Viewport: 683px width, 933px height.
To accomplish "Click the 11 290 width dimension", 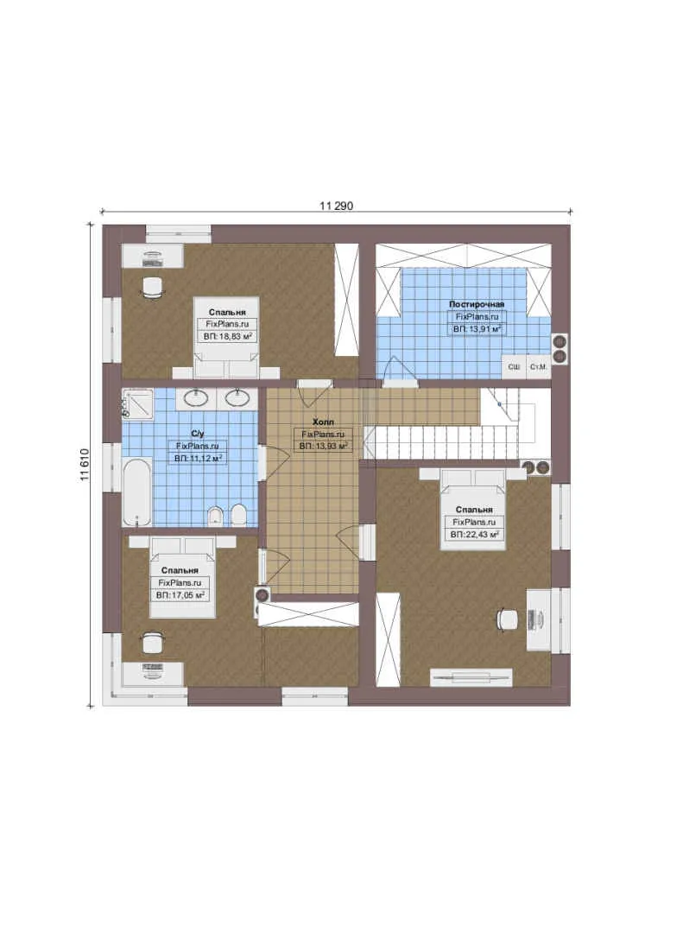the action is click(336, 206).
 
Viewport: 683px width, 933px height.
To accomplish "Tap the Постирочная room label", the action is click(477, 304).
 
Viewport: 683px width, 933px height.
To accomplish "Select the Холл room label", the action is click(323, 422).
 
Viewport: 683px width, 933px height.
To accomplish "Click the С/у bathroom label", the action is click(198, 434).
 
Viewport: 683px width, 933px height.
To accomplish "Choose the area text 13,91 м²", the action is click(482, 328).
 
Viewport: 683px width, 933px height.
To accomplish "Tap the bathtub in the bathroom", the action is click(136, 492).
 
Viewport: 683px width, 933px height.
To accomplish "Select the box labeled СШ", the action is click(514, 367).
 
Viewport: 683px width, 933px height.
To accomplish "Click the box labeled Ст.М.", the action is click(539, 367).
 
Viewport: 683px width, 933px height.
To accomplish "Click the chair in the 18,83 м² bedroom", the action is click(153, 287).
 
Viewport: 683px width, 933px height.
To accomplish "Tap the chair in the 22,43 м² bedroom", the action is click(508, 619).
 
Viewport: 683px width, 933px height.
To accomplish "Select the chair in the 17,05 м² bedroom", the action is click(152, 643).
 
